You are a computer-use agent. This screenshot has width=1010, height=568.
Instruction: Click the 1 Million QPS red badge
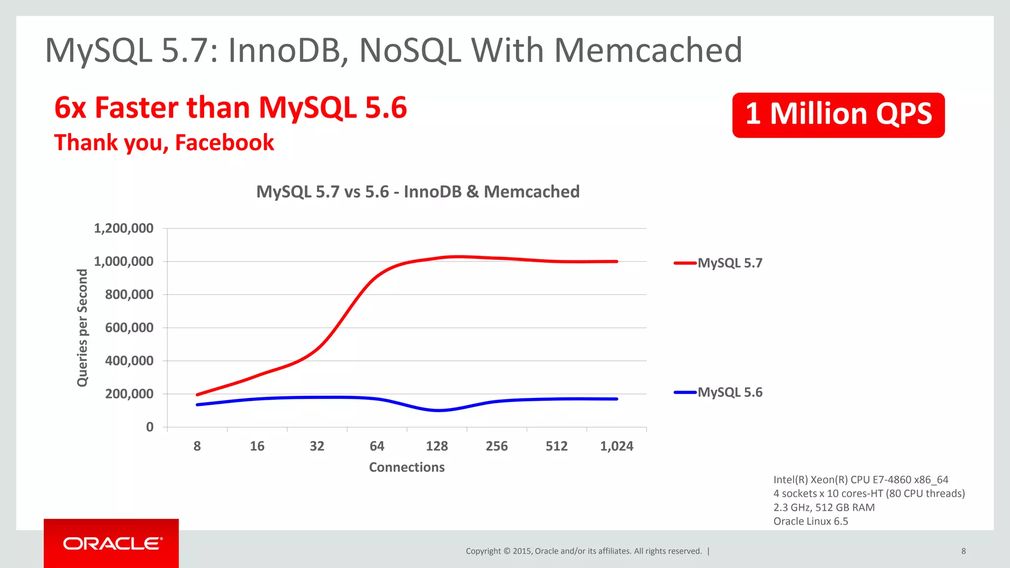[x=838, y=115]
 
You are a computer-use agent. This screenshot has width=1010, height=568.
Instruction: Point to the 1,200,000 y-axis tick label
[x=123, y=228]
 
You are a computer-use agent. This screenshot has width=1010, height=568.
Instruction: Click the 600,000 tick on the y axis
[x=129, y=328]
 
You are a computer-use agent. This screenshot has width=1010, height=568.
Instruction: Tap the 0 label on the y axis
[x=150, y=427]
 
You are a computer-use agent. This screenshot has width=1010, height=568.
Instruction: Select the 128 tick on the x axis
[x=436, y=446]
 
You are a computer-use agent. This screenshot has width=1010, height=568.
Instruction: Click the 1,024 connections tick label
[x=616, y=446]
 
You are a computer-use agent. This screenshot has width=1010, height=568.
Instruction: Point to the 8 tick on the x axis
[x=197, y=446]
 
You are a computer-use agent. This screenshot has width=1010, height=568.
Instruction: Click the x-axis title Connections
[x=406, y=467]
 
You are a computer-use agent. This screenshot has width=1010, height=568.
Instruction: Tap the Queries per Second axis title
[x=82, y=328]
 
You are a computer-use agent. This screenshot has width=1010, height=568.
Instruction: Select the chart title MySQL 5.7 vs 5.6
[x=418, y=192]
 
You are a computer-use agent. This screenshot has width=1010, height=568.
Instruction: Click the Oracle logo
[x=112, y=543]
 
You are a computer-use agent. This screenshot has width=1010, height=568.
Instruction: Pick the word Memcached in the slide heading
[x=648, y=50]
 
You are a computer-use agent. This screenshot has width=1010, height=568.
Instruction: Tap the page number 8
[x=963, y=551]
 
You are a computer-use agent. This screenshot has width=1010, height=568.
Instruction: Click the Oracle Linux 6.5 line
[x=810, y=521]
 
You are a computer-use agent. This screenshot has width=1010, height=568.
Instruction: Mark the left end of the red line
[x=197, y=394]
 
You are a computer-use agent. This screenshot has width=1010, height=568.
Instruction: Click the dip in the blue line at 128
[x=437, y=410]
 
